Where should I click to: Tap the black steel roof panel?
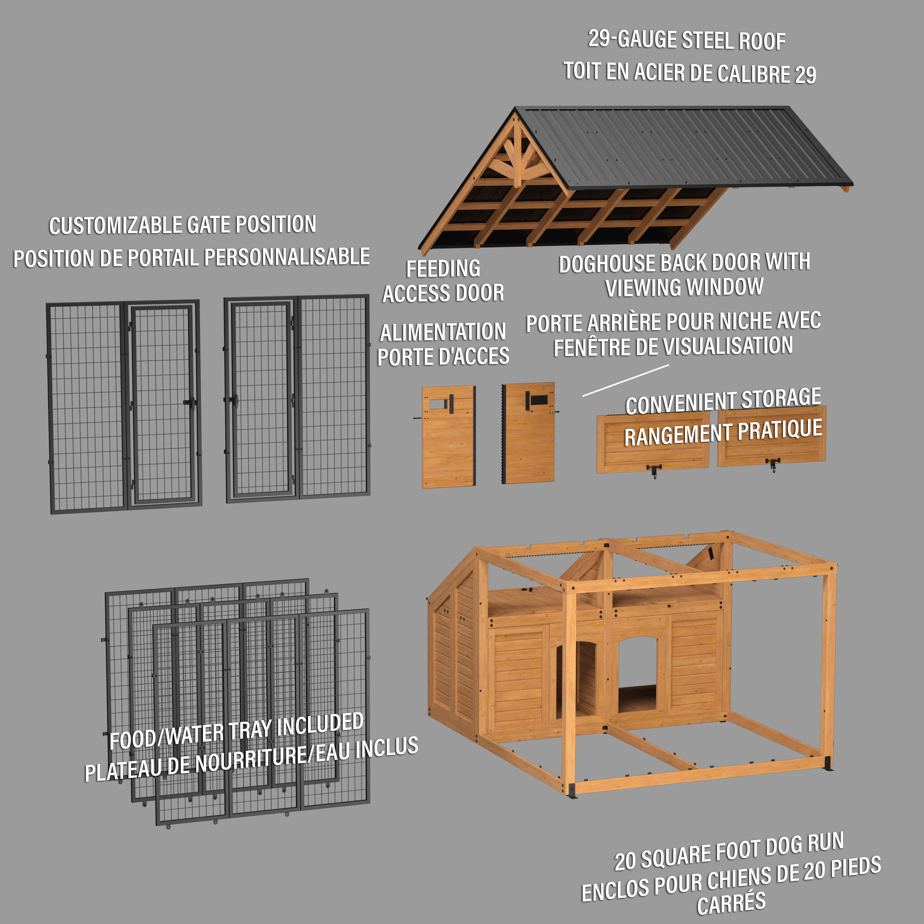684,146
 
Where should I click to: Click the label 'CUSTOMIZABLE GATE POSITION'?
182,225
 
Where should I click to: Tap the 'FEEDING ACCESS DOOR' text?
443,281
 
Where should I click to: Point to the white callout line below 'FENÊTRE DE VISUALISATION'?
625,381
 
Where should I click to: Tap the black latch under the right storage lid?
773,464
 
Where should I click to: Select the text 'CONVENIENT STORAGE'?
723,401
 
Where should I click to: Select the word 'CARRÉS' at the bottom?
731,903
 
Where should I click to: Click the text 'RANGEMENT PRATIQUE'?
723,433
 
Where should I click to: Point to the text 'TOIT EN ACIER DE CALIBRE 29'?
690,73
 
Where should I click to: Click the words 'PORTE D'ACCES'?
443,357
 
